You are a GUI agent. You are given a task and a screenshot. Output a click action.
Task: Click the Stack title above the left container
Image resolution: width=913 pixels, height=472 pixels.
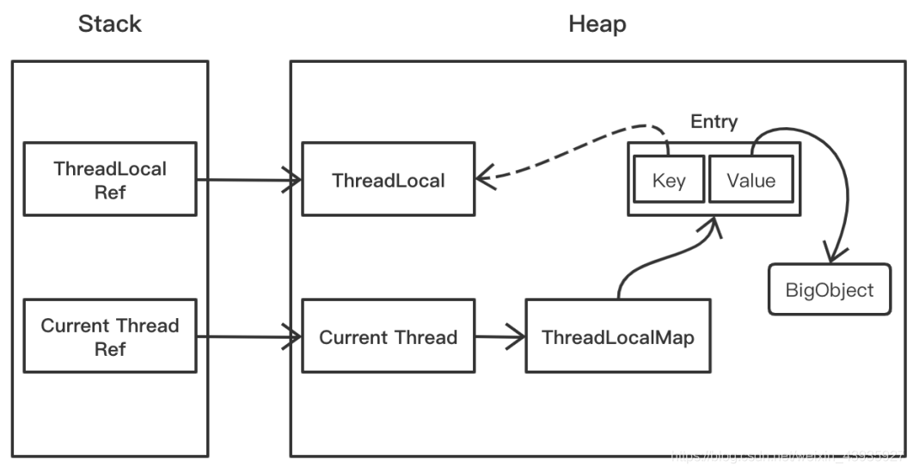109,24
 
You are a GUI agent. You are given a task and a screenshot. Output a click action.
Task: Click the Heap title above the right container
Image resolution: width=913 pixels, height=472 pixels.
597,24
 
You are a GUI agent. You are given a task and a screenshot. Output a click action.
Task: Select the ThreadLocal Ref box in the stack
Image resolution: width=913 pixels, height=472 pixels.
110,179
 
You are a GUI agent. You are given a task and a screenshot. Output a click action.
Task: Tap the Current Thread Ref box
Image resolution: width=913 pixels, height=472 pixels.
110,336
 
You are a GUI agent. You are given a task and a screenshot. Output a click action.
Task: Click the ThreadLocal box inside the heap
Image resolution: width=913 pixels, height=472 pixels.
388,181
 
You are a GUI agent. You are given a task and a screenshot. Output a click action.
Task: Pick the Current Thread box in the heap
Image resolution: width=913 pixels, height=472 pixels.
388,336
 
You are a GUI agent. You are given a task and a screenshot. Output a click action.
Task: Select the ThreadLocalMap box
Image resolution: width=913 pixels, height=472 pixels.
617,336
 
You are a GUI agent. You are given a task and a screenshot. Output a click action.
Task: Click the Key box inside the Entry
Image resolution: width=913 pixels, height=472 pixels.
668,181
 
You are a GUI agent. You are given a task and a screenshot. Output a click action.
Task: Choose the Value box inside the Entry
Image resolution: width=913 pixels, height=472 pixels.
751,181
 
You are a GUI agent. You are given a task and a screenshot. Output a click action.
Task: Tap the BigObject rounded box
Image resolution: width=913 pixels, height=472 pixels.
829,289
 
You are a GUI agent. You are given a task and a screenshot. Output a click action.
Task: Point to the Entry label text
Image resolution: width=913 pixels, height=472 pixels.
714,122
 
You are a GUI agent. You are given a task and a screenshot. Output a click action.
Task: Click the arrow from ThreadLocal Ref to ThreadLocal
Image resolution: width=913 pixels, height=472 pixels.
249,180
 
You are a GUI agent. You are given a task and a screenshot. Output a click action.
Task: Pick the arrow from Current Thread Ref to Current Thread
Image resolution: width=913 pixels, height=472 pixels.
249,337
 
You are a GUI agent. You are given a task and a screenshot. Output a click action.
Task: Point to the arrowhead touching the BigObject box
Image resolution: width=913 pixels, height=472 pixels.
830,255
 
